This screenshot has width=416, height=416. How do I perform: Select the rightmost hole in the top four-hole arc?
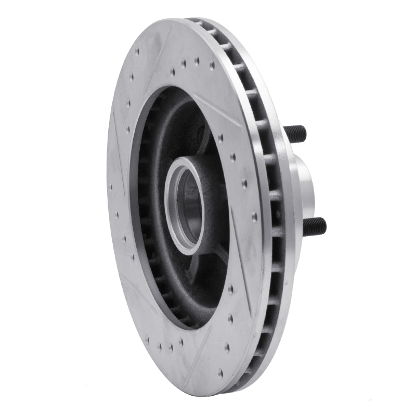pyautogui.click(x=212, y=66)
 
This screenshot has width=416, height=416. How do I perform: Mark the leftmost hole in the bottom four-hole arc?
pyautogui.click(x=147, y=340)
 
